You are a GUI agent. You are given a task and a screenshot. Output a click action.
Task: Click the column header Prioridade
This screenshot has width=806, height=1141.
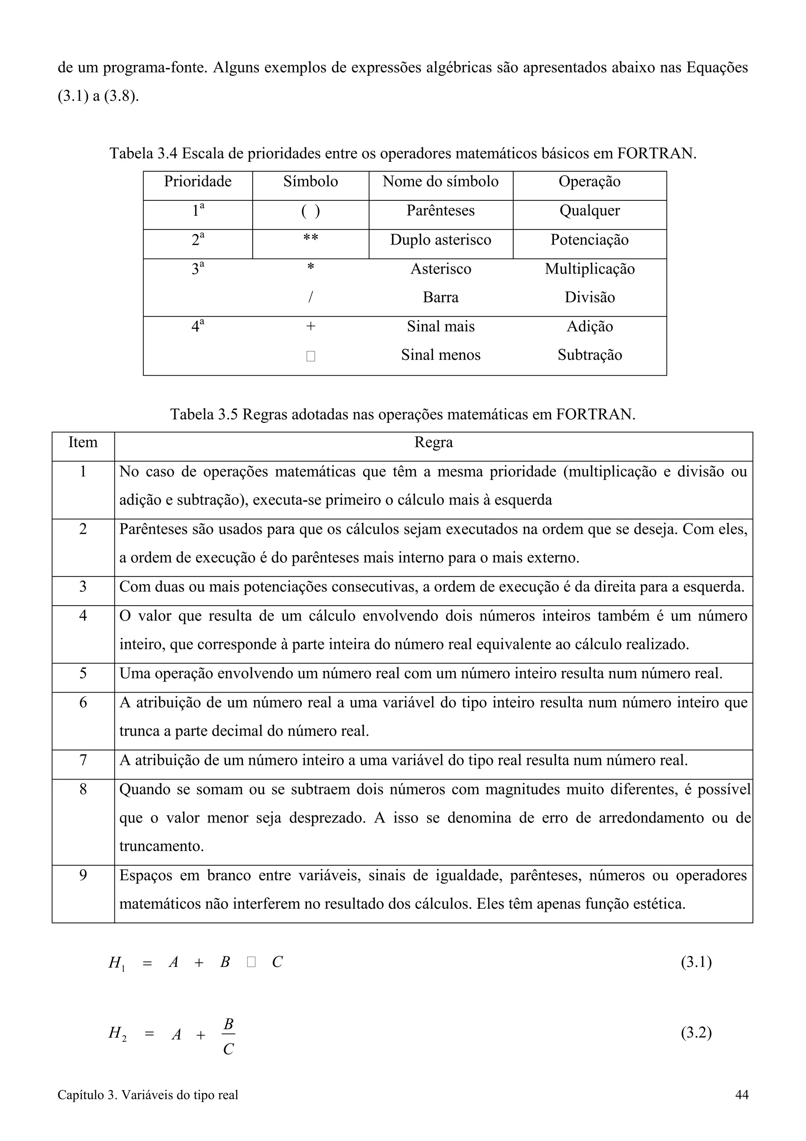[x=198, y=182]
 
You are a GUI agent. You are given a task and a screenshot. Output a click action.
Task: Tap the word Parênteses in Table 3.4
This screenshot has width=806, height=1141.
[x=440, y=211]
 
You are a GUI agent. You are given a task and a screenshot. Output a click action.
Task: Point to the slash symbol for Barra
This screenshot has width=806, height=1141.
[x=311, y=297]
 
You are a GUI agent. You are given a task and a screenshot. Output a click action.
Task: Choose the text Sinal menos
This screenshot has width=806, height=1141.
[x=440, y=355]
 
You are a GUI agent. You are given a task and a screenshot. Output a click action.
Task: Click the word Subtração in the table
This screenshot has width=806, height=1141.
[x=590, y=355]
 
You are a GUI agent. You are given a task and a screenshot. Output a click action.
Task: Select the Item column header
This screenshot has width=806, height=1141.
[x=83, y=442]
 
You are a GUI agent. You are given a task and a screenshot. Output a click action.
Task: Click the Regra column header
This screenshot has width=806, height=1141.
[x=434, y=442]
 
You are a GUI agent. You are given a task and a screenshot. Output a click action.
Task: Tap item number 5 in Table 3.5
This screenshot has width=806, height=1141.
[x=83, y=673]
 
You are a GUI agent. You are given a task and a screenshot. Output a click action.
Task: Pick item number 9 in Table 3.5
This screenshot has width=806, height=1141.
[x=83, y=875]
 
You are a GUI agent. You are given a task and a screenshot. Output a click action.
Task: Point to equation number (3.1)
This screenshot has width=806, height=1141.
[x=696, y=962]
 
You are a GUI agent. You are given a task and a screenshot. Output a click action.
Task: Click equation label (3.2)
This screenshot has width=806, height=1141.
[x=696, y=1033]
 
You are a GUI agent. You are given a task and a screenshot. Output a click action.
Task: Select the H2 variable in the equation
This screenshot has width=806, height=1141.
[x=117, y=1035]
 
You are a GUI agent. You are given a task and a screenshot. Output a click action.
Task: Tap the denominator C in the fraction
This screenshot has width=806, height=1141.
[x=228, y=1049]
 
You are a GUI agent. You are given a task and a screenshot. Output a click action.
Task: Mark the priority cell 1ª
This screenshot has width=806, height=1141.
[x=198, y=211]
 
